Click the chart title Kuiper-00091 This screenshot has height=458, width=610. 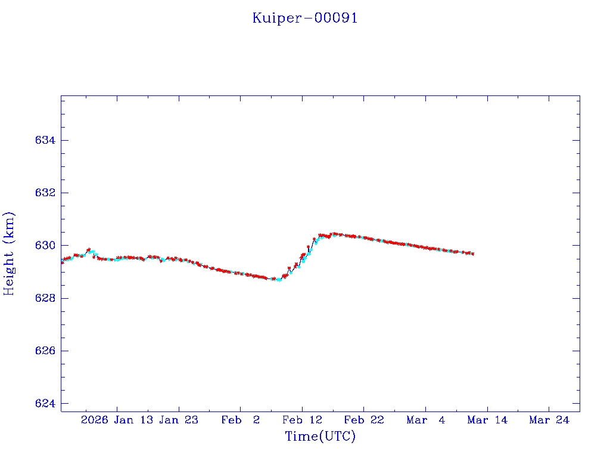305,18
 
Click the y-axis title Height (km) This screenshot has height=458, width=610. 9,253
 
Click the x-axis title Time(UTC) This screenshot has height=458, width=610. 320,437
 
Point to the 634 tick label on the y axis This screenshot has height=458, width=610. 45,140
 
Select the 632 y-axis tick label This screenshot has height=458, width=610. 45,193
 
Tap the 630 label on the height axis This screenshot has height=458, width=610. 45,246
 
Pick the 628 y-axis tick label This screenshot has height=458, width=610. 45,298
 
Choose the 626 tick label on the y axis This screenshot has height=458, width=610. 45,351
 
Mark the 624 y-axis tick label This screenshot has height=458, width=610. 45,404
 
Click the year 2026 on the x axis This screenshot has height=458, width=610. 95,420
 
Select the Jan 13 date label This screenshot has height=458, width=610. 132,420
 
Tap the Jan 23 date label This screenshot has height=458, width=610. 179,420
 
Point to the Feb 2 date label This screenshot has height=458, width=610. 241,420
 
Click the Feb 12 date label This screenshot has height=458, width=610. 302,420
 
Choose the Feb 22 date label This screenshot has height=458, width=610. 364,420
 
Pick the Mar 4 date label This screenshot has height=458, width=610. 426,420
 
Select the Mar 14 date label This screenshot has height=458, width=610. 487,420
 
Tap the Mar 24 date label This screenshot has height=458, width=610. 549,420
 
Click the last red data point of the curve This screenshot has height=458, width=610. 472,254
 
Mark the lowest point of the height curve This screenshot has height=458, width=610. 279,280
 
